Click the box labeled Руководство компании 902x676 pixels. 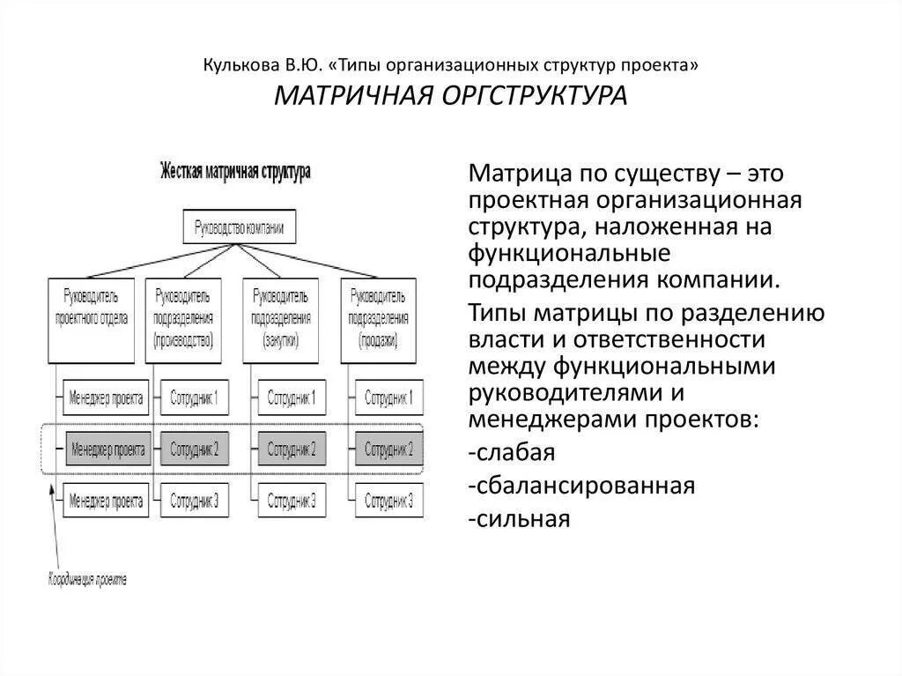[239, 228]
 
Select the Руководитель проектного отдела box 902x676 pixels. [91, 318]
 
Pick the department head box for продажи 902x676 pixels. [378, 318]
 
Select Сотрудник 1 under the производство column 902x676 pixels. [194, 397]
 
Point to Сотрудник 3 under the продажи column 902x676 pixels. [388, 501]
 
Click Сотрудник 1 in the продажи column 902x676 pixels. [388, 397]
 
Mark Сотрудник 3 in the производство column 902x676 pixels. [194, 501]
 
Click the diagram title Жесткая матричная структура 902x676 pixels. [234, 172]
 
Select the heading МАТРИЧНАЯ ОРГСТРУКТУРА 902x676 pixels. [450, 94]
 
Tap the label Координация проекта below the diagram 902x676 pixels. [86, 579]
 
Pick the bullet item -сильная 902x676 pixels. [520, 518]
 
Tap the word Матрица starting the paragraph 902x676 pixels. [520, 173]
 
